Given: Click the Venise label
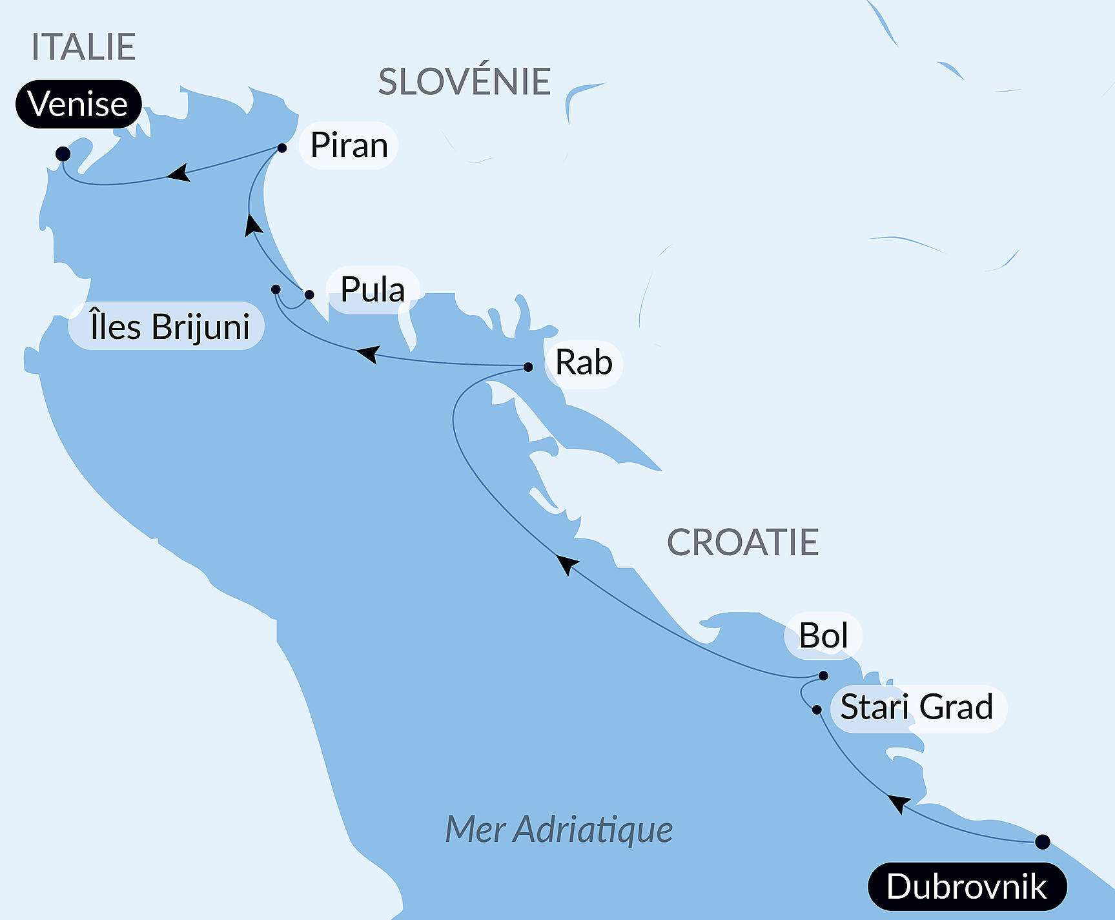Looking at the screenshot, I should click(x=78, y=104).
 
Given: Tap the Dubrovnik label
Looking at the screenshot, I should click(x=967, y=886).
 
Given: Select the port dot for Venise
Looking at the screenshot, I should click(x=63, y=154).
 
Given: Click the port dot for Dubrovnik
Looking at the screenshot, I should click(x=1042, y=842).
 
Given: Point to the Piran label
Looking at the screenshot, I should click(x=349, y=145).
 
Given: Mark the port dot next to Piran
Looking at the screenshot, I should click(x=282, y=148).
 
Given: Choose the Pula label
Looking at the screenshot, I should click(x=373, y=289).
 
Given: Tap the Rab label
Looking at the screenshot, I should click(x=584, y=363).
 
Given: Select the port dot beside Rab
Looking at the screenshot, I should click(x=528, y=367).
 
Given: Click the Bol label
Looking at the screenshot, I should click(x=823, y=636).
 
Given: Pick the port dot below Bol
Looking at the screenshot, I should click(x=823, y=676).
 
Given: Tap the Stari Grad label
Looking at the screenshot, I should click(x=917, y=708).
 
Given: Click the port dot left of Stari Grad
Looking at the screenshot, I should click(x=817, y=710).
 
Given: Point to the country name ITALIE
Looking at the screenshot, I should click(x=83, y=47).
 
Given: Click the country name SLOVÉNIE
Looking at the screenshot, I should click(x=464, y=82).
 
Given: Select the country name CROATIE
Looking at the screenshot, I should click(x=742, y=542).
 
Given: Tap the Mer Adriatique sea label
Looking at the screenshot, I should click(x=559, y=830).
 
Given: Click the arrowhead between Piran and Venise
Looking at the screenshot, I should click(x=178, y=173).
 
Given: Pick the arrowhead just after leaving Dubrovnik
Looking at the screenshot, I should click(x=898, y=803).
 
